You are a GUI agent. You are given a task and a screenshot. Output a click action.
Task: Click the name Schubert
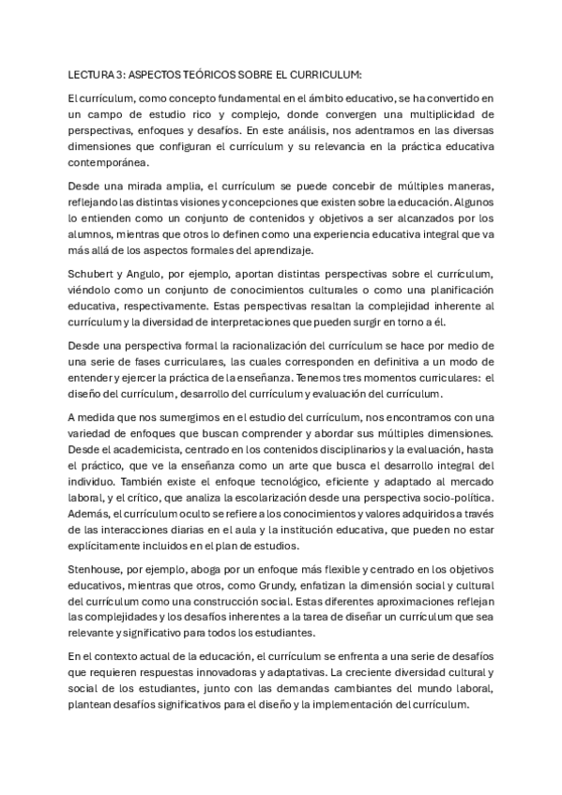pos(91,273)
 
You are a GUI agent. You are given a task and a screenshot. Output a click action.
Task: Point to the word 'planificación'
pos(450,290)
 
